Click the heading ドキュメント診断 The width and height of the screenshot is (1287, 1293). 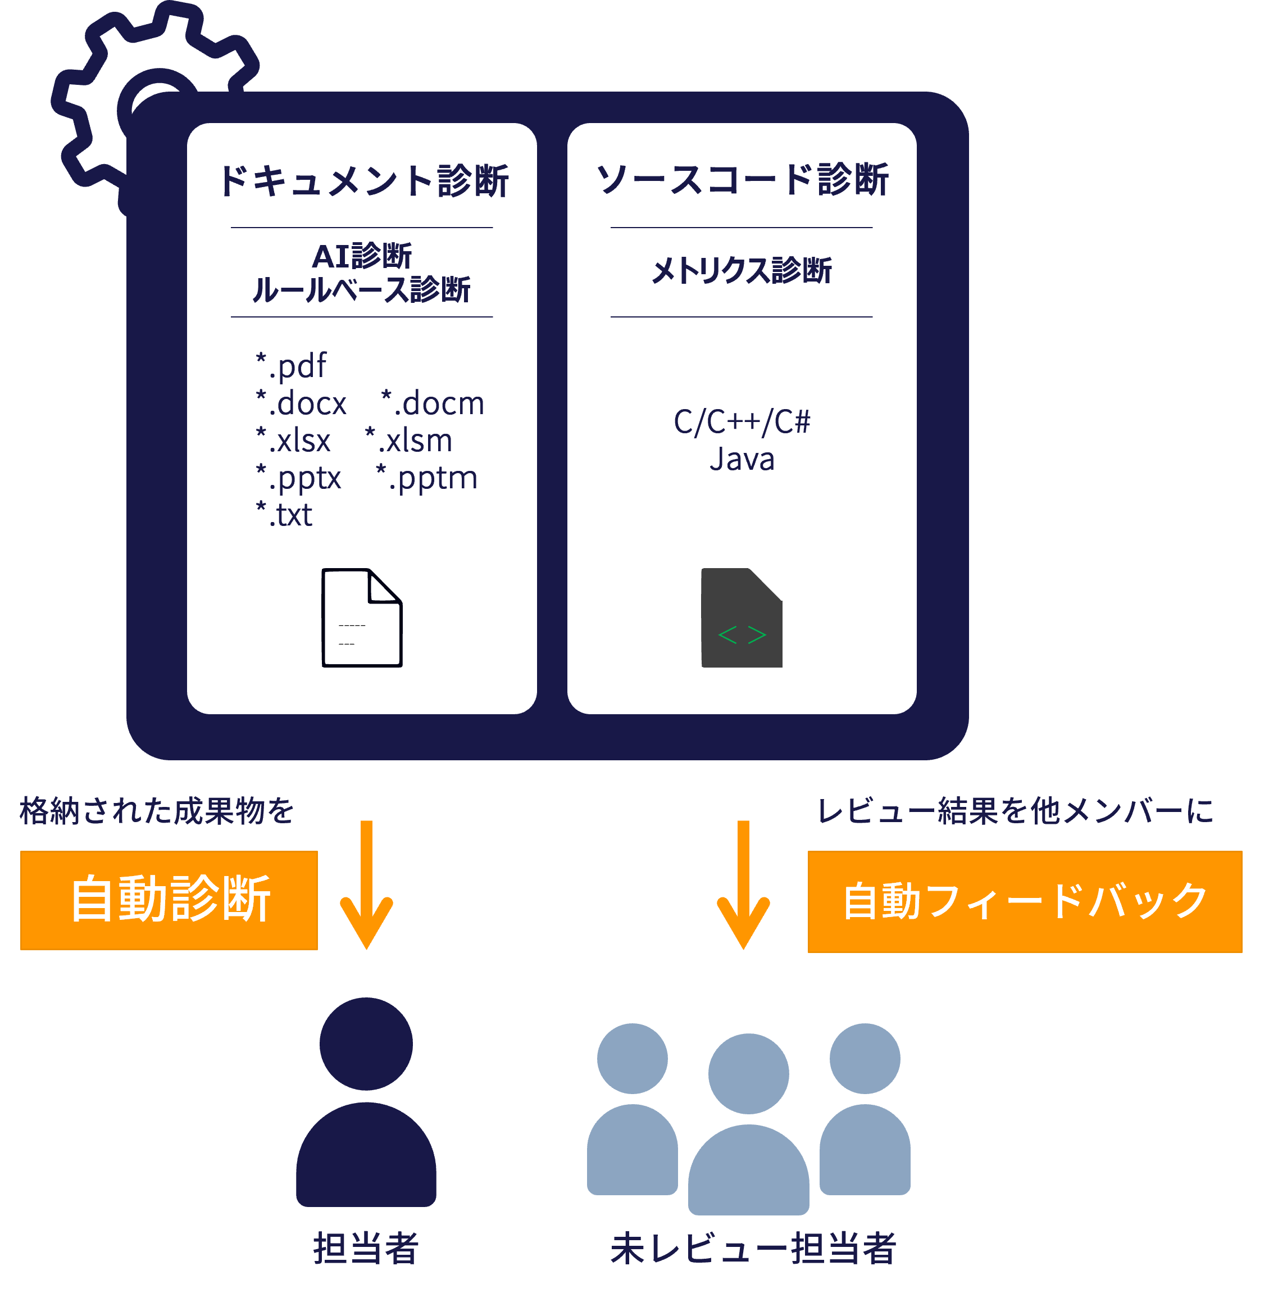pyautogui.click(x=363, y=181)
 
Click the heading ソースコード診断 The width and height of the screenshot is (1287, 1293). pyautogui.click(x=742, y=179)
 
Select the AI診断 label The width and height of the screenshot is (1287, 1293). pyautogui.click(x=362, y=256)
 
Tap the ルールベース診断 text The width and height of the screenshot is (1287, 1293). pyautogui.click(x=361, y=290)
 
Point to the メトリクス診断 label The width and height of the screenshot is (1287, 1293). pyautogui.click(x=741, y=270)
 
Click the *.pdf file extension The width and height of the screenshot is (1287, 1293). pyautogui.click(x=292, y=366)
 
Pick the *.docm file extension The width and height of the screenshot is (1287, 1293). pyautogui.click(x=432, y=403)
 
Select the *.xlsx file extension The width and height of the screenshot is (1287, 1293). pyautogui.click(x=294, y=441)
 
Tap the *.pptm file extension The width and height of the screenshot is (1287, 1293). pyautogui.click(x=427, y=478)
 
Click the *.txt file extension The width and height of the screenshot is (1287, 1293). pyautogui.click(x=284, y=515)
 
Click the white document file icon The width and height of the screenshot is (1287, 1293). pyautogui.click(x=362, y=618)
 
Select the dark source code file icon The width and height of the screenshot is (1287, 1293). pyautogui.click(x=741, y=618)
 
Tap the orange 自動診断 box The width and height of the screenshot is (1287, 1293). pyautogui.click(x=169, y=900)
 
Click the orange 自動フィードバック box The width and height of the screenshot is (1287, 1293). pyautogui.click(x=1025, y=901)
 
